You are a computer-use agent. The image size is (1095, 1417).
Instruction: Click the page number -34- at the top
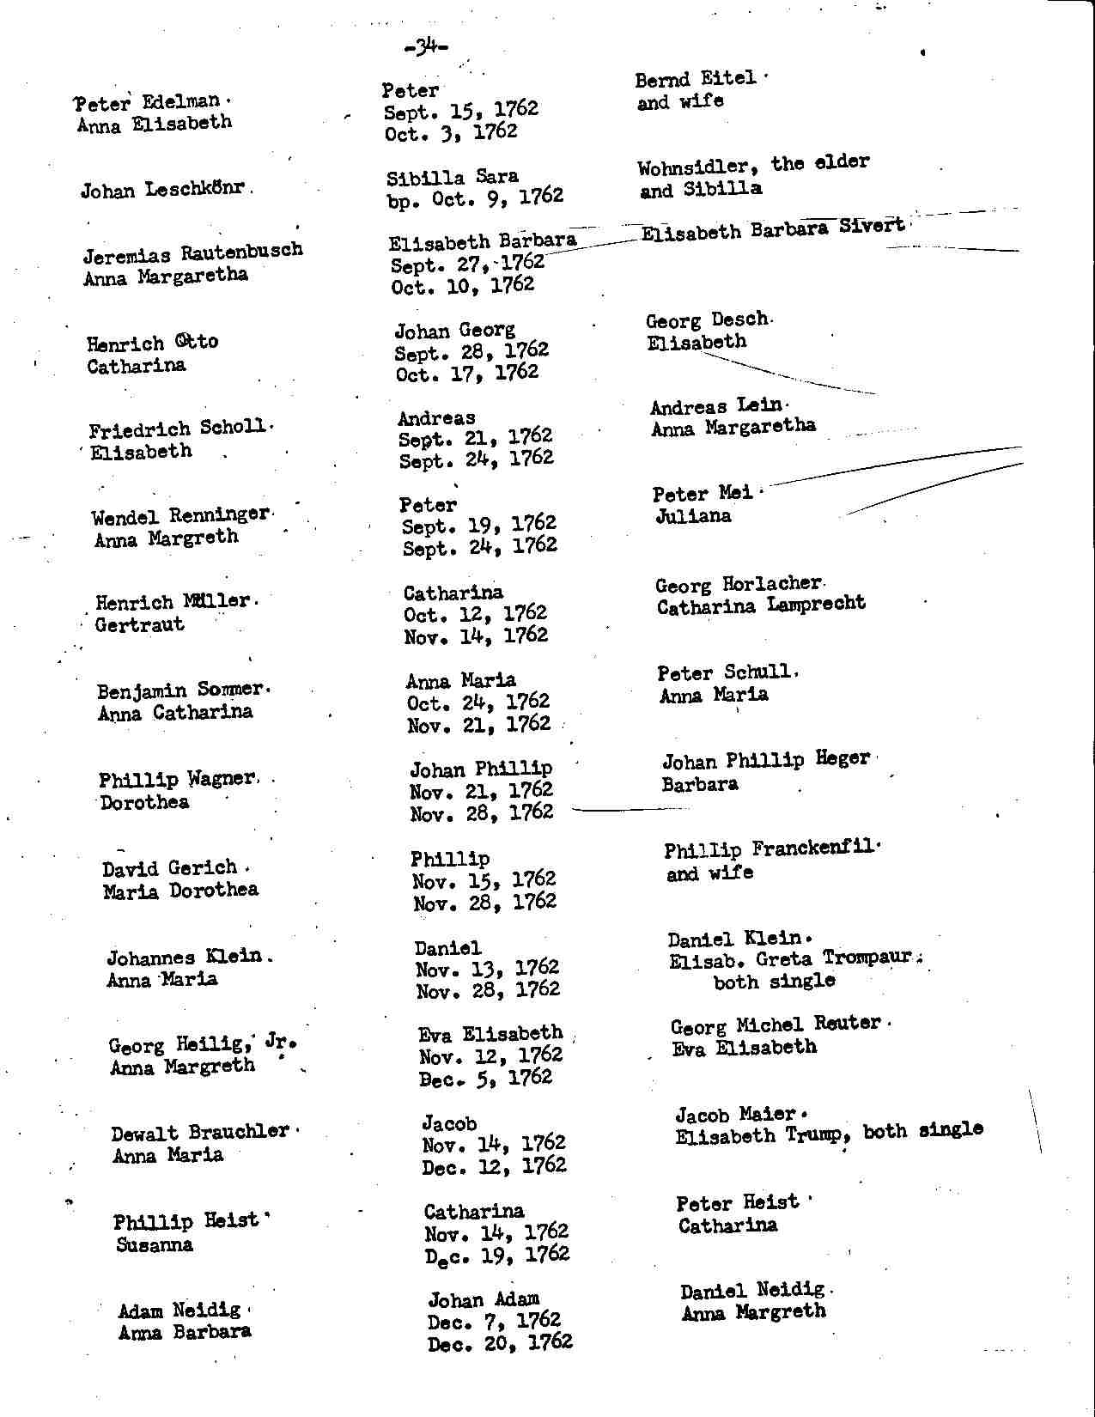tap(426, 48)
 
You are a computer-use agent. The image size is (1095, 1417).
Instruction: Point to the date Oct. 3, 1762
tap(451, 133)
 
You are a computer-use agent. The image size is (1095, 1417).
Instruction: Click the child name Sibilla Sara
tap(453, 178)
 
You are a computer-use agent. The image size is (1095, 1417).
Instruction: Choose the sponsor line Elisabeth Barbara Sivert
tap(773, 229)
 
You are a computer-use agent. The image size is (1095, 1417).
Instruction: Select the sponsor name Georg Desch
tap(707, 320)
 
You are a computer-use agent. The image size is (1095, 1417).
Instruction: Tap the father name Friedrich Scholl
tap(178, 429)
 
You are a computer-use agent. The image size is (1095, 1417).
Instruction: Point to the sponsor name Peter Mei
tap(702, 494)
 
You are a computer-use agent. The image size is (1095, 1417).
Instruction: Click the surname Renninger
tap(219, 515)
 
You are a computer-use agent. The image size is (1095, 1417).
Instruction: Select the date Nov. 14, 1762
tap(476, 636)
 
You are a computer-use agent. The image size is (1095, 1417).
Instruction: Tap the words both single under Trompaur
tap(774, 982)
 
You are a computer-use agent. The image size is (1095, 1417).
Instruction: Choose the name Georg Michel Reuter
tap(776, 1025)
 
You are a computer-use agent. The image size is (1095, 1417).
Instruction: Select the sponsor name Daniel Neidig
tap(752, 1290)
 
